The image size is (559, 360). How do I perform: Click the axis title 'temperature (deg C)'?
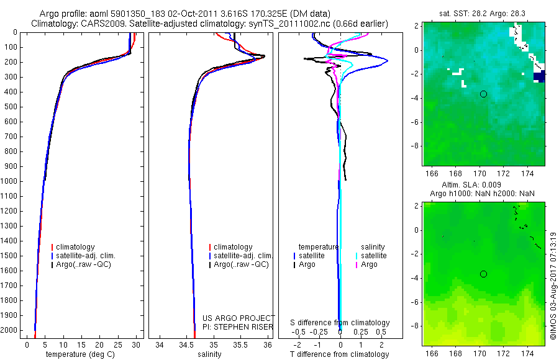78,354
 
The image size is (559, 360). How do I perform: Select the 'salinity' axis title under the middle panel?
209,354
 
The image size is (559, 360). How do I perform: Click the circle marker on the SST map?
483,94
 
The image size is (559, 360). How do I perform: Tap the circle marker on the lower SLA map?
483,274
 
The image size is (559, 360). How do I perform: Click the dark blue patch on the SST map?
540,77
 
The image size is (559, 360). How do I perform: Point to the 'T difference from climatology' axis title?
340,354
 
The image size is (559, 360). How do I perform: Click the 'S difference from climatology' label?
340,323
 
